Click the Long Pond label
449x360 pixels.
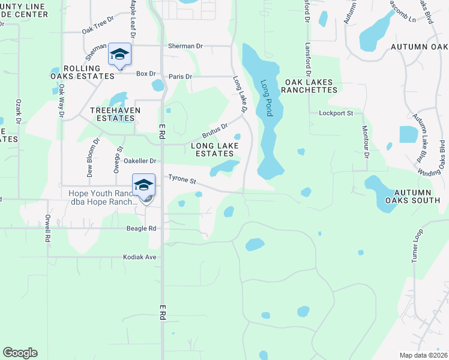267,98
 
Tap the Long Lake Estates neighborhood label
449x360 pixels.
214,149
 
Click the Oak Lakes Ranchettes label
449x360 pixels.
311,85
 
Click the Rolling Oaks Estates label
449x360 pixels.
82,72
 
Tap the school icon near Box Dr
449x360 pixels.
119,55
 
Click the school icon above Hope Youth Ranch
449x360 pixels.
143,184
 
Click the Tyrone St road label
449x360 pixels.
182,179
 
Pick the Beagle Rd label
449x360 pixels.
141,229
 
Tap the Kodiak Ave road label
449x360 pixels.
139,257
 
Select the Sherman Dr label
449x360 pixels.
185,45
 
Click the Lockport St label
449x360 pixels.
333,113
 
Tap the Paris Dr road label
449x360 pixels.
180,76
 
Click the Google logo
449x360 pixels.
20,353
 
